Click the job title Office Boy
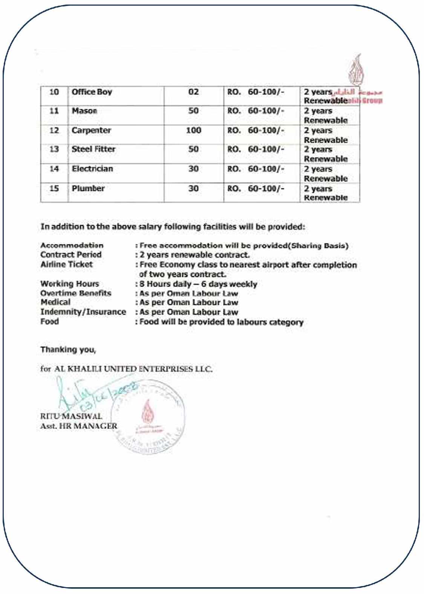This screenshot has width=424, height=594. (x=92, y=92)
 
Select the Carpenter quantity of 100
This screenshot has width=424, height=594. (x=193, y=130)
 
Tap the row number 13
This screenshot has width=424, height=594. (x=54, y=149)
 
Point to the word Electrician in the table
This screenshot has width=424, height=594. (x=92, y=169)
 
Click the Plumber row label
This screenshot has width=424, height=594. (x=88, y=188)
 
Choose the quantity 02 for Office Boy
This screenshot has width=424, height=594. (x=193, y=92)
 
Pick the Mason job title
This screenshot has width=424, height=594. (x=84, y=111)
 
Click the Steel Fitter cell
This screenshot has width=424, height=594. (x=93, y=149)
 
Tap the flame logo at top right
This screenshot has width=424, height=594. (x=356, y=71)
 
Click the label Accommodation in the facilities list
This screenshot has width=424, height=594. (x=72, y=245)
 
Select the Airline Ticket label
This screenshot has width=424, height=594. (x=66, y=264)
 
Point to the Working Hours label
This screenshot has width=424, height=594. (x=70, y=284)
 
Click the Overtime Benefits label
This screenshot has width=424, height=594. (x=76, y=293)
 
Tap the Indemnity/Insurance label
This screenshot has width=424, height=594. (x=83, y=312)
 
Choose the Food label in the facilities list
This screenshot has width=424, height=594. (x=50, y=322)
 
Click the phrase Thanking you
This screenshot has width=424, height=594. (x=68, y=350)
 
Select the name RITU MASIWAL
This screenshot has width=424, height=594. (x=71, y=416)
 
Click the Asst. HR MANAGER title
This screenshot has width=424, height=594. (x=78, y=426)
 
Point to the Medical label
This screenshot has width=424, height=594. (x=55, y=302)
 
